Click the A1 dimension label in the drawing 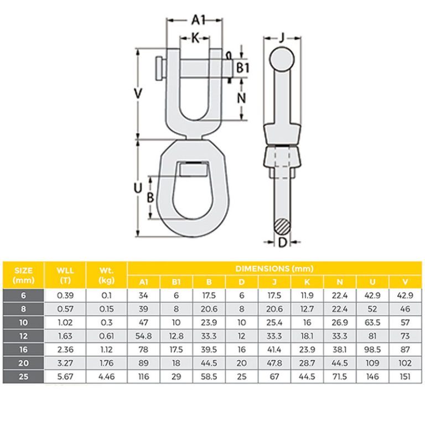click(198, 20)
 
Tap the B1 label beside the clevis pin click(243, 68)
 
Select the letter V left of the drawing click(138, 94)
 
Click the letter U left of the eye click(138, 188)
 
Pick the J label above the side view click(282, 38)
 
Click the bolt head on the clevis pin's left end click(160, 68)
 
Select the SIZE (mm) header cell click(23, 275)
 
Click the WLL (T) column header click(65, 275)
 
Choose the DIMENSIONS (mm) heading click(274, 268)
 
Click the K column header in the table click(307, 282)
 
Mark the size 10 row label click(23, 322)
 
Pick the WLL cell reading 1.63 click(65, 335)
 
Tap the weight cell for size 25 click(107, 375)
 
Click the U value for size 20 click(373, 362)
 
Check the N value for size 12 click(340, 335)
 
